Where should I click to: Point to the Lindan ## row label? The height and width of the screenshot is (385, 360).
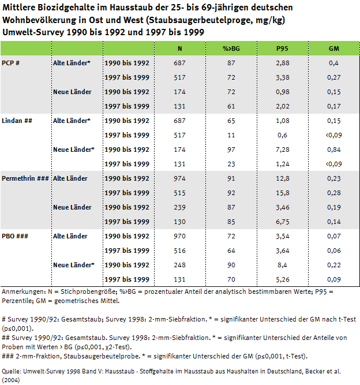click(16, 121)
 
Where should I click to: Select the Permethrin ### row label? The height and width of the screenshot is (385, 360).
click(25, 178)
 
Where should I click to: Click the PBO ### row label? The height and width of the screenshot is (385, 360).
click(14, 236)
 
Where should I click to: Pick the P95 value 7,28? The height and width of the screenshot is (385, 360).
click(282, 149)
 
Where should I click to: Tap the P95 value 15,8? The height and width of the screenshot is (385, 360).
click(282, 193)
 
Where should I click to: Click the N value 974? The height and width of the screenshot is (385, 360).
click(180, 178)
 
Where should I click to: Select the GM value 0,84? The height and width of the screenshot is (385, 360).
click(333, 149)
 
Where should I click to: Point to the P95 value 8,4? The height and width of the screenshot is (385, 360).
click(282, 265)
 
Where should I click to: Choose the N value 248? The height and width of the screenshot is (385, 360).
click(180, 265)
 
